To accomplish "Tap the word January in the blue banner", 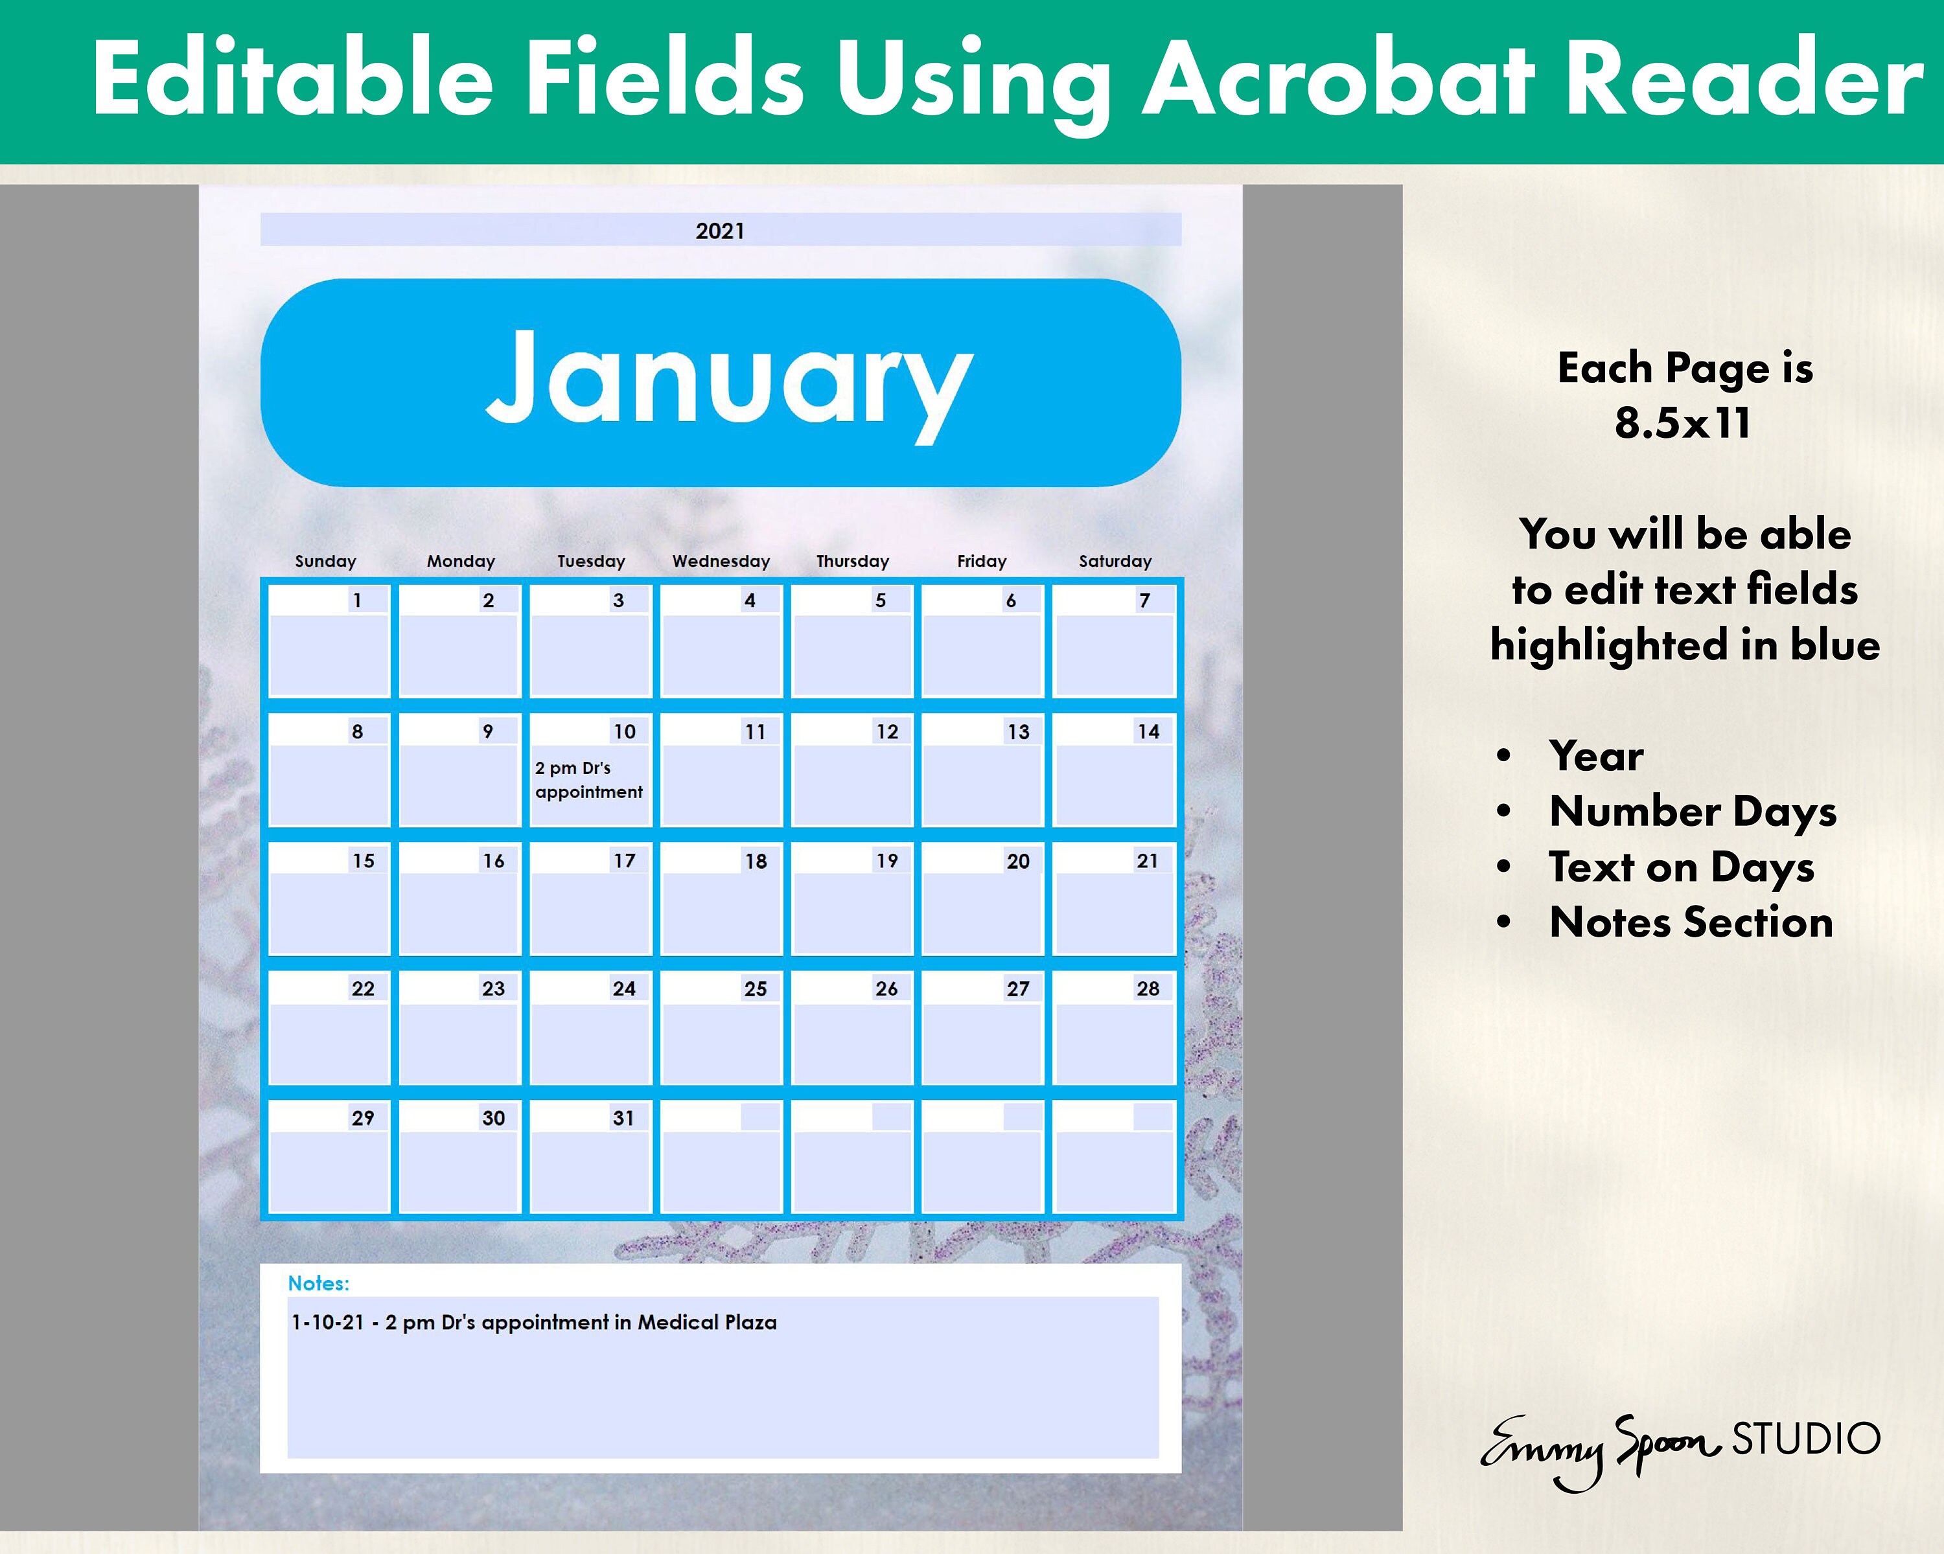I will click(728, 378).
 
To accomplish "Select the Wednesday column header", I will click(721, 561).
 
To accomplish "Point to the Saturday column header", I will click(1115, 561).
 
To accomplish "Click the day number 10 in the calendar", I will click(624, 731).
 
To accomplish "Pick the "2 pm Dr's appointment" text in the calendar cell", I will click(588, 780).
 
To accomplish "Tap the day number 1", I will click(357, 600).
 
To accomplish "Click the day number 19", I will click(886, 861).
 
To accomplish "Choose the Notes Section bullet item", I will click(1691, 922).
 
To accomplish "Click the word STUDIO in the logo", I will click(1806, 1439).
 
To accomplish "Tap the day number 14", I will click(1148, 731).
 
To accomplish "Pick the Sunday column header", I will click(325, 561).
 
